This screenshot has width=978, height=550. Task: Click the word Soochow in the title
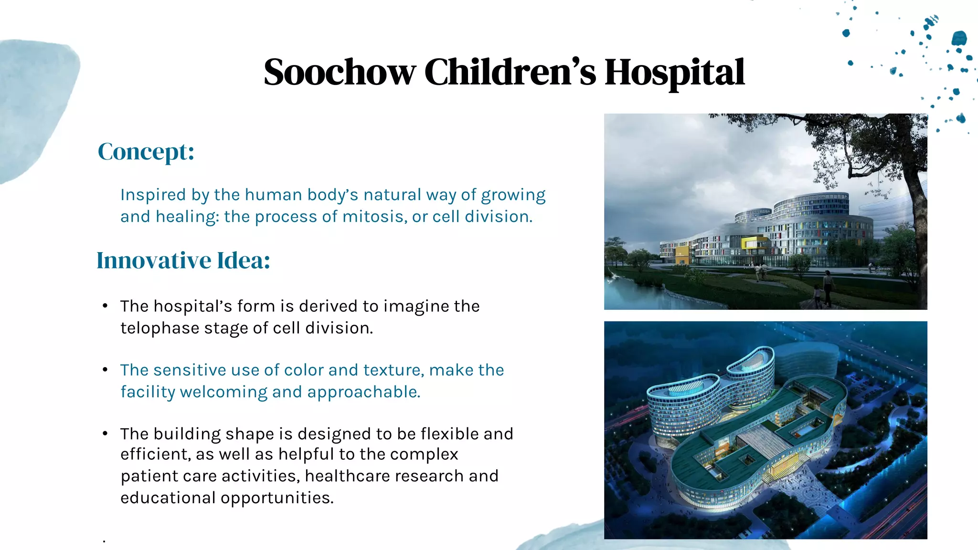coord(339,73)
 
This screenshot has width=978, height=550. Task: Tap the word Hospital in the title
coord(674,73)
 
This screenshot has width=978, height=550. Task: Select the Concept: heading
coord(146,152)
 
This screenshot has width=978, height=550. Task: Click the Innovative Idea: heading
coord(183,261)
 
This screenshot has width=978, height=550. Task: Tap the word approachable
coord(363,392)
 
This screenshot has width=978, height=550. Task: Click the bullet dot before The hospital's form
coord(105,306)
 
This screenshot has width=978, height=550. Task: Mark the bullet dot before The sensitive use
coord(105,370)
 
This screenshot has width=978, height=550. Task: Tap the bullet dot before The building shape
coord(105,434)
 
